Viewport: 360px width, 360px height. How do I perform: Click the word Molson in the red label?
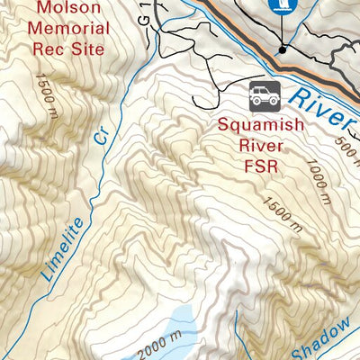click(x=71, y=8)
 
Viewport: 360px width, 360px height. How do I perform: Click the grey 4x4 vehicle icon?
click(x=265, y=94)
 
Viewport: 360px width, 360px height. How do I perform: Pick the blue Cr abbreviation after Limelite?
click(x=101, y=137)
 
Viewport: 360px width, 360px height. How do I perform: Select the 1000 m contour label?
click(x=322, y=176)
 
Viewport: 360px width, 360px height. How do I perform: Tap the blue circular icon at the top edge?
click(x=282, y=6)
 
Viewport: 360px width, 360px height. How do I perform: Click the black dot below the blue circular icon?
click(x=282, y=49)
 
